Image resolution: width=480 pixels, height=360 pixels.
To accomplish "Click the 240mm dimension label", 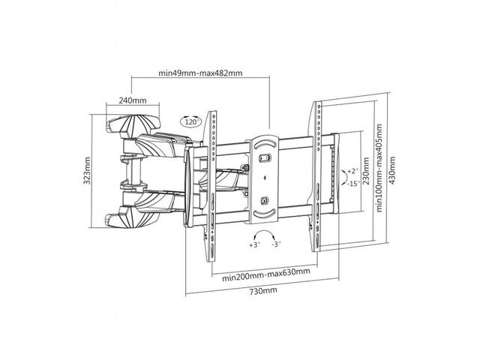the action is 133,100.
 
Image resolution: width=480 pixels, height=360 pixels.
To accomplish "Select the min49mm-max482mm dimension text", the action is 200,73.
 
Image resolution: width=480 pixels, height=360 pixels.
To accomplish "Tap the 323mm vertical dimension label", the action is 87,170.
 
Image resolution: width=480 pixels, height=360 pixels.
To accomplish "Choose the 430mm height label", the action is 392,170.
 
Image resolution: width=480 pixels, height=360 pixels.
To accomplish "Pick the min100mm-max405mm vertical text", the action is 379,168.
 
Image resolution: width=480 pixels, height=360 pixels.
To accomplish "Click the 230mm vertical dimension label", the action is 366,171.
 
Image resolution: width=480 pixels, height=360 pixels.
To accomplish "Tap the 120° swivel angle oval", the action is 190,121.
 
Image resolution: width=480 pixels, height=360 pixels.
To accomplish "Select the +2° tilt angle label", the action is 352,171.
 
